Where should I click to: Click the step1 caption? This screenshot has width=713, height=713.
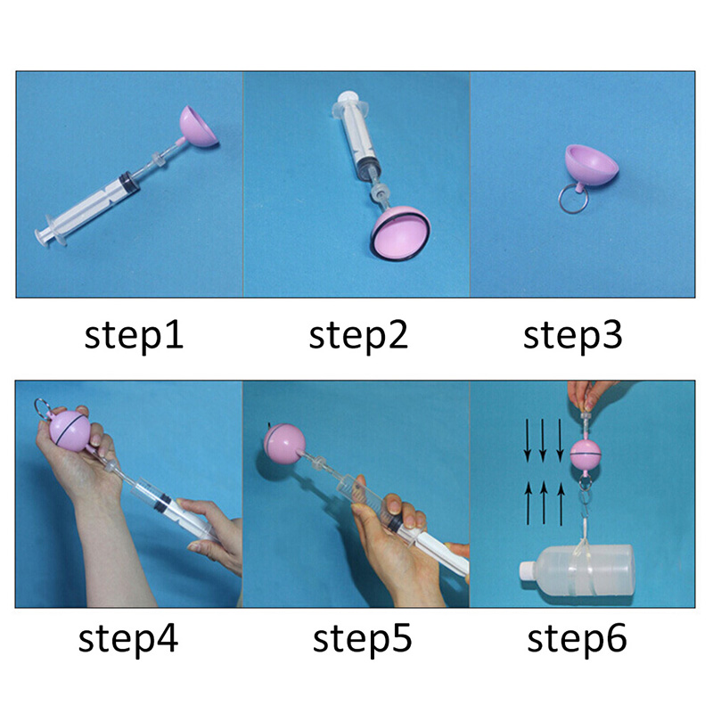pos(134,337)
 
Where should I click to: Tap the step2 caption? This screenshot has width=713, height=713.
pos(358,337)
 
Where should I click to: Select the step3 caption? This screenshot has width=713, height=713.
pos(572,337)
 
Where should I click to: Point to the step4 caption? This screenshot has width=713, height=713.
pos(128,640)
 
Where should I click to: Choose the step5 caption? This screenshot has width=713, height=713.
pos(362,640)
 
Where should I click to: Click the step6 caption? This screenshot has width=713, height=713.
pos(577,640)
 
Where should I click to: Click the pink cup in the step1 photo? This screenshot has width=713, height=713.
pos(198,127)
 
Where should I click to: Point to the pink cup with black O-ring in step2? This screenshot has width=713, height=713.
pos(400,234)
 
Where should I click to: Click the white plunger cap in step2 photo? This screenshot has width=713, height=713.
pos(349,97)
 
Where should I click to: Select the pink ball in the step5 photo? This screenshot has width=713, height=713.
pos(284,444)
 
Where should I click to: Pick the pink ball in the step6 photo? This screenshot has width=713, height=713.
pos(585,455)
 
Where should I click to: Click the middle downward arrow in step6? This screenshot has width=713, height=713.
pos(543,440)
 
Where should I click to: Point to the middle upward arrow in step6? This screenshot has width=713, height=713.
pos(544,503)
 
